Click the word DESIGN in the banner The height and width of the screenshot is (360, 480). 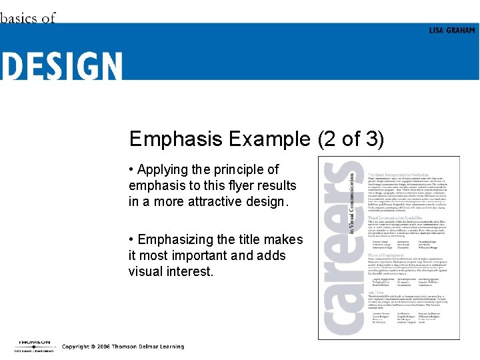[x=61, y=67]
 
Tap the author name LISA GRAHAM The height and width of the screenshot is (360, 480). [x=453, y=31]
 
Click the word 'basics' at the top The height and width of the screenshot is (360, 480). [x=19, y=18]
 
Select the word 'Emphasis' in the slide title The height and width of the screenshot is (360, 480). [x=176, y=139]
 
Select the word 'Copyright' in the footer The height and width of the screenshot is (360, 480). [x=75, y=347]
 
